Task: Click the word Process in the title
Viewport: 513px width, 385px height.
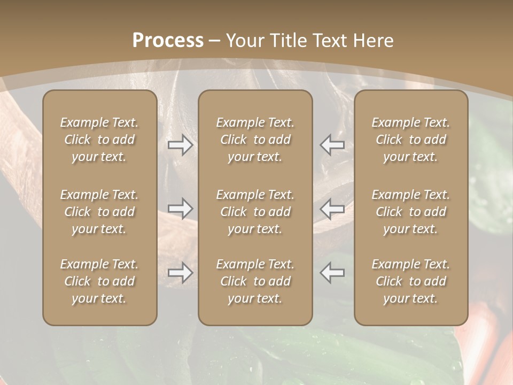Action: tap(168, 41)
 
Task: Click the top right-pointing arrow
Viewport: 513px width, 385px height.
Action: tap(180, 145)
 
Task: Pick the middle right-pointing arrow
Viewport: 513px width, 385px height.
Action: tap(180, 209)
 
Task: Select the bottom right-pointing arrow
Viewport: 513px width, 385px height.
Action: tap(180, 273)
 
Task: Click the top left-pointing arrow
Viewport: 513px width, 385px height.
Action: tap(332, 145)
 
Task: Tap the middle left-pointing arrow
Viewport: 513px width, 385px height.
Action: tap(332, 209)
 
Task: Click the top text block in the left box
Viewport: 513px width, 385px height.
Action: tap(99, 140)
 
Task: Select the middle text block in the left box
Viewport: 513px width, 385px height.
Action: tap(99, 212)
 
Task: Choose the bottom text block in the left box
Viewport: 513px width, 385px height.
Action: tap(99, 281)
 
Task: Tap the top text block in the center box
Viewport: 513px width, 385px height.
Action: tap(255, 140)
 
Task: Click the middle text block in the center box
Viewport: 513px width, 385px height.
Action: tap(255, 212)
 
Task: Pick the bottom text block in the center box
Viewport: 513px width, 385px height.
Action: tap(255, 281)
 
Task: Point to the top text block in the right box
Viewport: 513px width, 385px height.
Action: tap(410, 140)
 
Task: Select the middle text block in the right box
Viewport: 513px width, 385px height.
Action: tap(410, 212)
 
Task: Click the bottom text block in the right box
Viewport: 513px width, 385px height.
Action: tap(410, 281)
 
